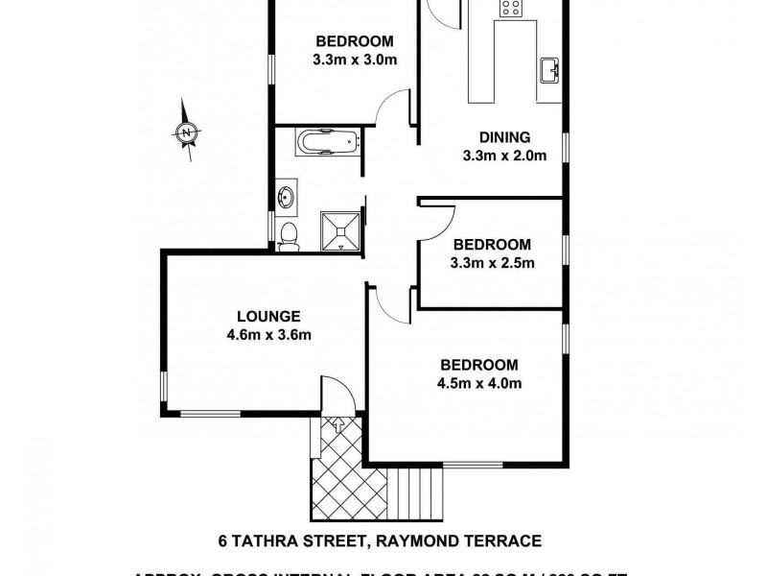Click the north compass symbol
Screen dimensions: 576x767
[x=188, y=132]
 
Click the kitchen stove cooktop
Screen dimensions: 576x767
[x=508, y=9]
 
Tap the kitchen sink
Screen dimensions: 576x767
[x=549, y=70]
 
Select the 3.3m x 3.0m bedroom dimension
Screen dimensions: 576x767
[x=355, y=60]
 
